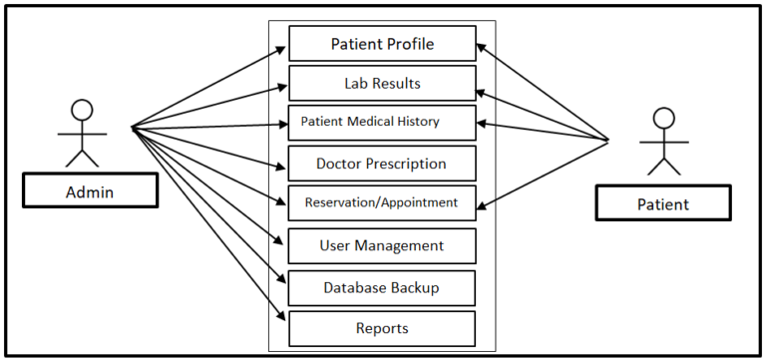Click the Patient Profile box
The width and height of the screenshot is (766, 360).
382,45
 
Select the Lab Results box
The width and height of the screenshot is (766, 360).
382,84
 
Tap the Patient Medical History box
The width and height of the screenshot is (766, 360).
382,123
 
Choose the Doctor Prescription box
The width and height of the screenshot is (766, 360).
382,164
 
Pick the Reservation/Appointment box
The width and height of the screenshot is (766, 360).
382,202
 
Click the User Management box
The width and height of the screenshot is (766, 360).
382,245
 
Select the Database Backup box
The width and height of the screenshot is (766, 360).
382,288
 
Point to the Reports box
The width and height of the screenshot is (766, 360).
382,328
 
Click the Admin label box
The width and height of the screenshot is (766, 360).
90,190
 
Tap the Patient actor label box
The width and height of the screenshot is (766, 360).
662,203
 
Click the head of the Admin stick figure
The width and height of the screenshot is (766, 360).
82,110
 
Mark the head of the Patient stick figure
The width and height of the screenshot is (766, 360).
662,118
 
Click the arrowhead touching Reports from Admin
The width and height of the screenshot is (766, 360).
283,317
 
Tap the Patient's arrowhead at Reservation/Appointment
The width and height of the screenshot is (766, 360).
482,208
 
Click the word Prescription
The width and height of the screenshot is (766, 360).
408,164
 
